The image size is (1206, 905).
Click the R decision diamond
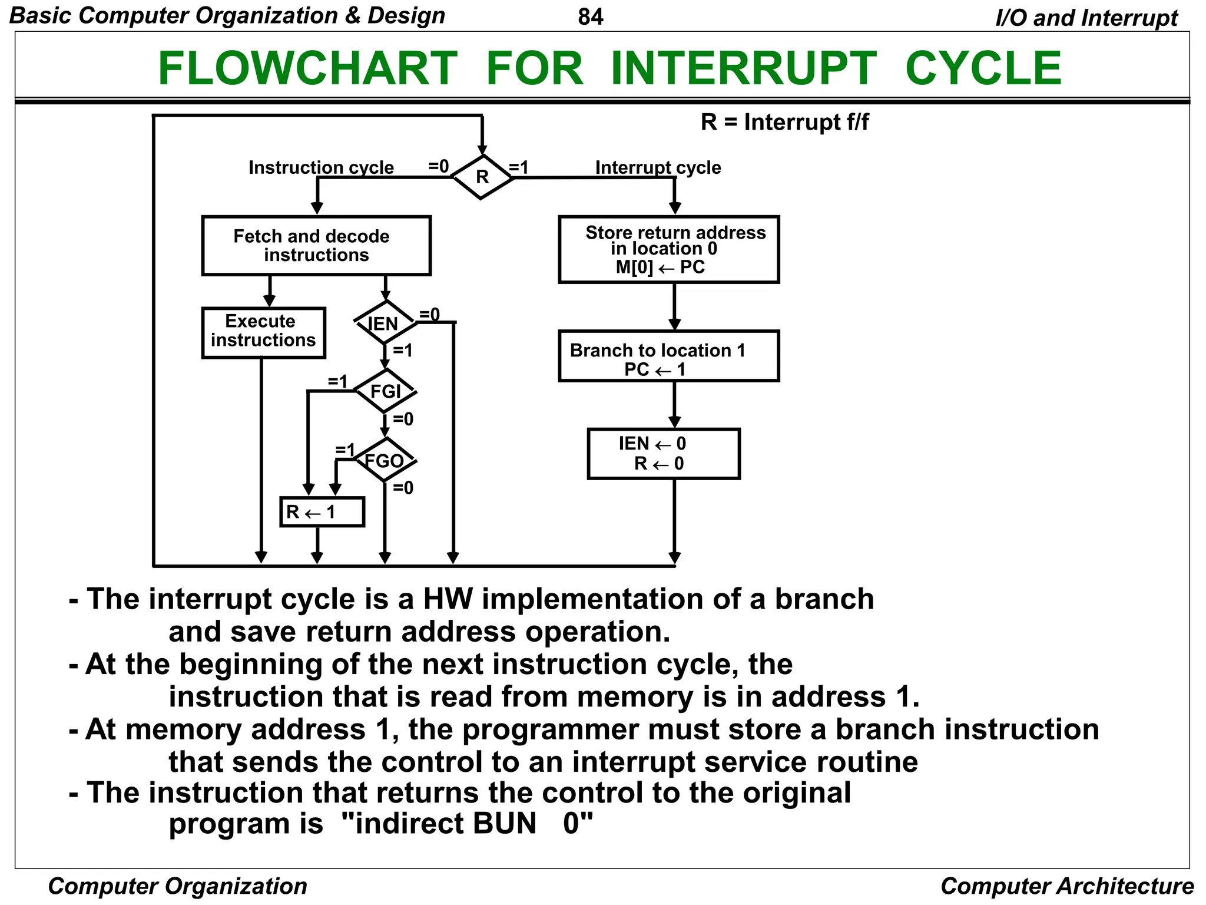[x=482, y=177]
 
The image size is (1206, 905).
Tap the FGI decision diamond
[x=385, y=391]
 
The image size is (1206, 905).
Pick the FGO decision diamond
[x=385, y=460]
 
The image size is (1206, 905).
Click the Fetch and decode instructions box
[x=316, y=246]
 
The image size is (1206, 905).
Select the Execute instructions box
[x=263, y=332]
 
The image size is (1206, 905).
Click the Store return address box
[x=668, y=249]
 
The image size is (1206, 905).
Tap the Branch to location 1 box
[x=668, y=356]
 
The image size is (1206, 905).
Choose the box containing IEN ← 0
[x=663, y=454]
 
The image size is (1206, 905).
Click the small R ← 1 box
[x=322, y=512]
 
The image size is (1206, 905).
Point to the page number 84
[x=591, y=16]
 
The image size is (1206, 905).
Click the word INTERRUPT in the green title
[x=743, y=68]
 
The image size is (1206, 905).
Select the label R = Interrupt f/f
[x=784, y=123]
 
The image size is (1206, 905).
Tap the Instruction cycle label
[x=321, y=167]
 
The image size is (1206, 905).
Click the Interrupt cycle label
[x=658, y=167]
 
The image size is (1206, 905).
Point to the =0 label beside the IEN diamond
[x=429, y=315]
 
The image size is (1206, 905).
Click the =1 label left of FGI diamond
[x=338, y=381]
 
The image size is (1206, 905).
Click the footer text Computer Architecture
[x=1066, y=886]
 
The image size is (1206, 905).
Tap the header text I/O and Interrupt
[x=1086, y=18]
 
